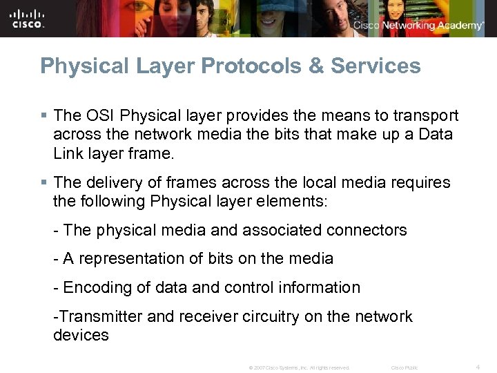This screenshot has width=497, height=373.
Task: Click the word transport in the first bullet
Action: pyautogui.click(x=422, y=115)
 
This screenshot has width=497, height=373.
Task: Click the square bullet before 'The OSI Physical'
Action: pyautogui.click(x=43, y=115)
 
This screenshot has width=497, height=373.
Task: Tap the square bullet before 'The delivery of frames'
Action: pyautogui.click(x=43, y=183)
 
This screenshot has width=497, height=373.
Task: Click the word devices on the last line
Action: pyautogui.click(x=80, y=336)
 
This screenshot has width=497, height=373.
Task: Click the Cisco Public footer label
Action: pyautogui.click(x=405, y=367)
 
